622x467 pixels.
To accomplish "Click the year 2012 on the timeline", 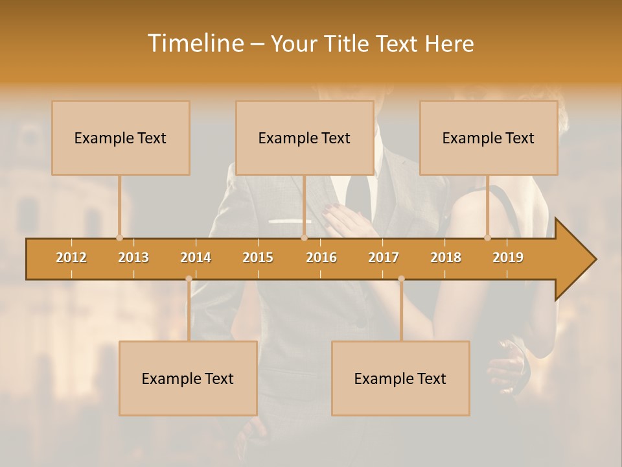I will pos(71,257).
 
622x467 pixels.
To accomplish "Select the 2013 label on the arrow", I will pos(133,257).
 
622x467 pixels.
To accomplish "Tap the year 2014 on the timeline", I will pos(196,257).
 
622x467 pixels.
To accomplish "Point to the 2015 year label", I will pos(258,257).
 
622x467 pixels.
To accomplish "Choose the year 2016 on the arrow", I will pos(321,257).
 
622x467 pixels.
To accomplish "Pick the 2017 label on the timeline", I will pos(384,257).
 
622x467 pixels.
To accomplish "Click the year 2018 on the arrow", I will pos(446,257).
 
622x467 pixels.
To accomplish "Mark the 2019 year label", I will pos(508,257).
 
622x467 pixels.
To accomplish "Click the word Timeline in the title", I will pos(195,43).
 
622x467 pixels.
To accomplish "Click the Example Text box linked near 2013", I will pos(121,138).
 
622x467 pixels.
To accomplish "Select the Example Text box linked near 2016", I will pos(305,138).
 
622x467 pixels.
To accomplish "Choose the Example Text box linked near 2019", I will pos(489,138).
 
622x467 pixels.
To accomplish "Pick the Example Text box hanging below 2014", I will pos(188,378).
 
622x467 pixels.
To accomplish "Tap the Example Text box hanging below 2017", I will pos(400,378).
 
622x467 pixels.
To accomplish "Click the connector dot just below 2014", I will pos(189,279).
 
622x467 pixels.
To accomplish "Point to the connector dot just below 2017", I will pos(401,279).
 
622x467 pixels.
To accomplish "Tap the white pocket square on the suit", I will pos(289,221).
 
